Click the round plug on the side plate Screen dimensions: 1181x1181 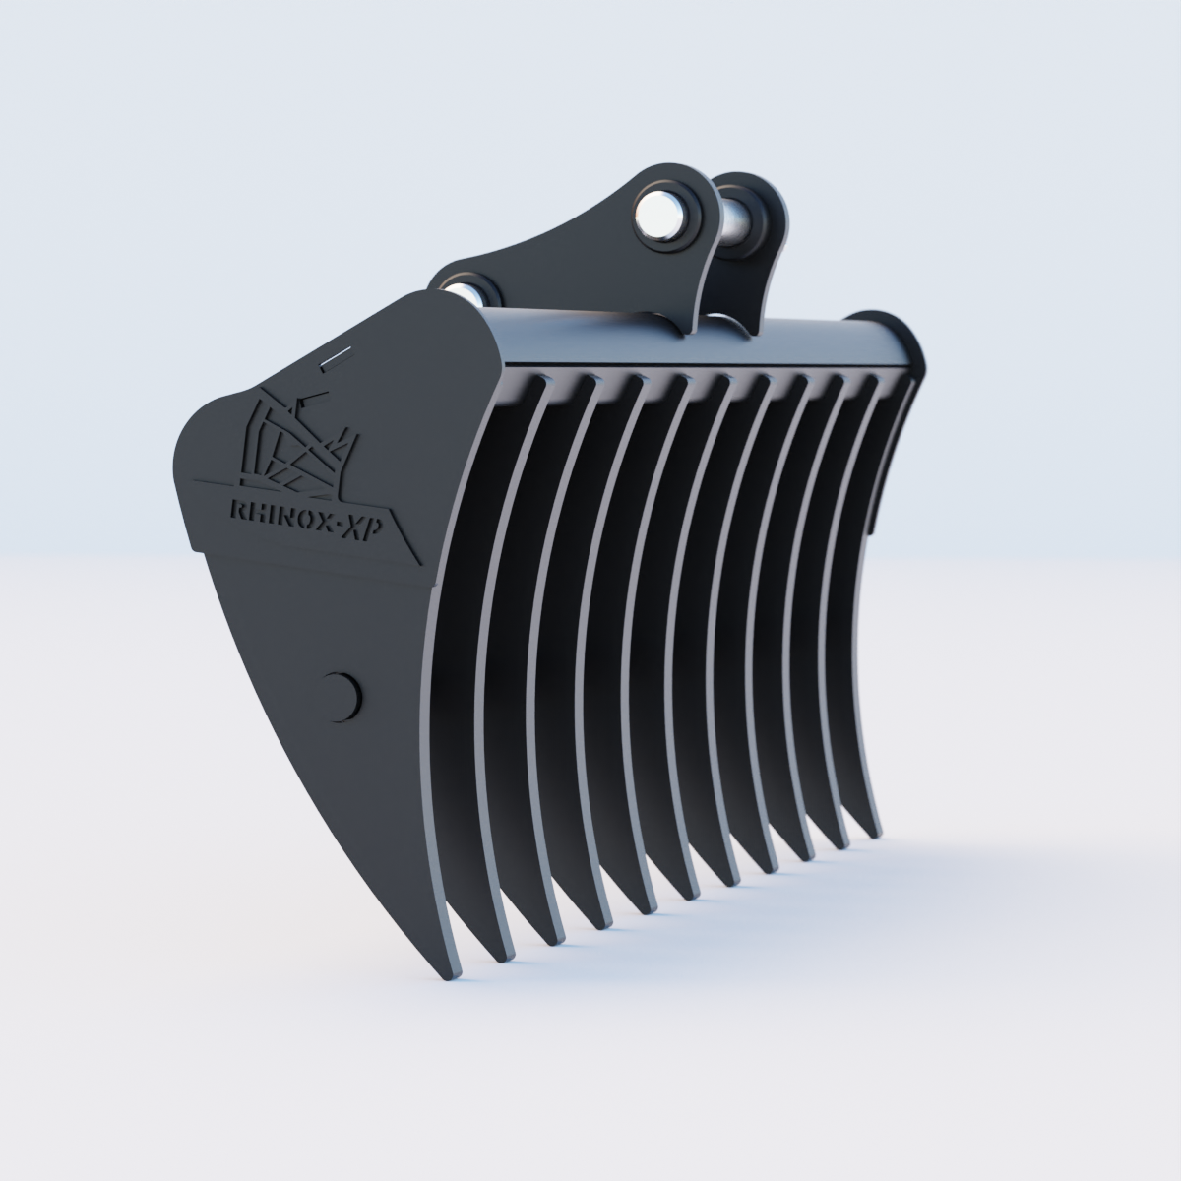click(342, 695)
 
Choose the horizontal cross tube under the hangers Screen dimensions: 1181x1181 click(689, 344)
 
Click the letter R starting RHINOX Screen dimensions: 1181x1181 click(236, 510)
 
